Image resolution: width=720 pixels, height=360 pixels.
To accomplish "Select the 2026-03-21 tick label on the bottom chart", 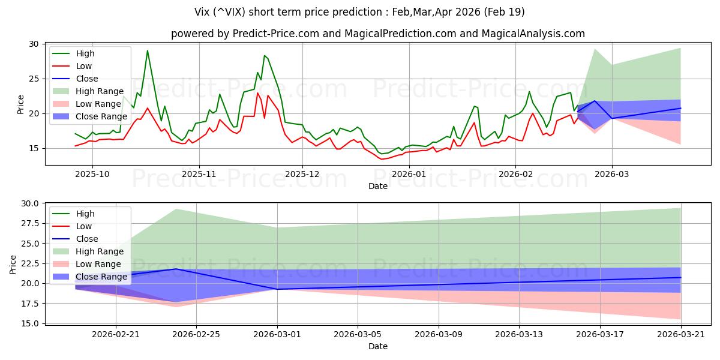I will [x=680, y=334].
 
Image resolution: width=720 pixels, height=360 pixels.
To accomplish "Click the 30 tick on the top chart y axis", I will [x=34, y=44].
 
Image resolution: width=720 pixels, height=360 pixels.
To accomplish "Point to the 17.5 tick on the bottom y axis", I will [x=30, y=304].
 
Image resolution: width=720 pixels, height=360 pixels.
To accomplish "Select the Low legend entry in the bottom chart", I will [x=85, y=226].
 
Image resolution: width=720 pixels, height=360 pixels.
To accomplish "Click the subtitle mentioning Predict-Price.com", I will [x=378, y=34].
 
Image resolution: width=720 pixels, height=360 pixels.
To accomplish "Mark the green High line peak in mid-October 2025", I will [x=148, y=50].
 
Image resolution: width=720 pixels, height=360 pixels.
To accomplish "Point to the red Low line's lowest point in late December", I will [x=382, y=159].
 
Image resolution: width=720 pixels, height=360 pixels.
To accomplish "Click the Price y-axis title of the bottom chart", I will [x=13, y=264].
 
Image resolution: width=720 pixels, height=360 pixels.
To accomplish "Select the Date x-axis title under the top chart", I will [x=378, y=186].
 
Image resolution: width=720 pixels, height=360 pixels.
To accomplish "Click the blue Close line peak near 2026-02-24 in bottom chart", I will [x=176, y=269].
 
